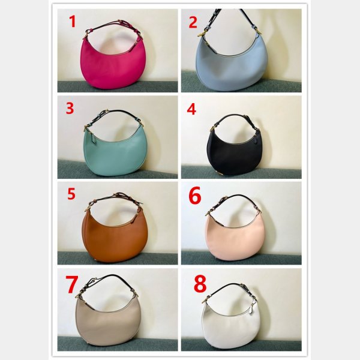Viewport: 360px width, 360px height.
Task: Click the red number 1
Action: tap(73, 22)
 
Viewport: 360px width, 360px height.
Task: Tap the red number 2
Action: tap(193, 23)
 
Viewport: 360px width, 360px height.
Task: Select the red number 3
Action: tap(70, 108)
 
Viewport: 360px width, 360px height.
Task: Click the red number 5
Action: tap(71, 194)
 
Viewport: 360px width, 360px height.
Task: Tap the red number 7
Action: tap(72, 284)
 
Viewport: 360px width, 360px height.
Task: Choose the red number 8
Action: tap(200, 284)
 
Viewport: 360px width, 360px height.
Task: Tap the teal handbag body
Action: tap(115, 156)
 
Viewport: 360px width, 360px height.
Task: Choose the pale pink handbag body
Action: tap(235, 241)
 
